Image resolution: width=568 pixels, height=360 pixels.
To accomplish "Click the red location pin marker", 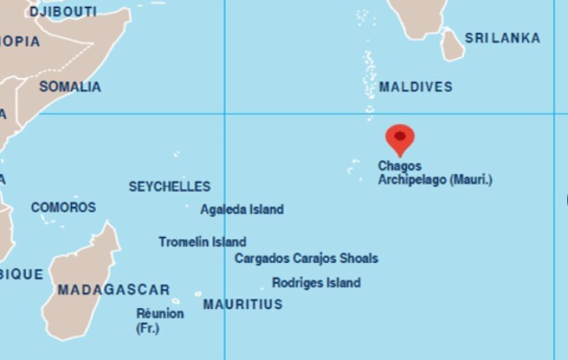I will coord(399,138).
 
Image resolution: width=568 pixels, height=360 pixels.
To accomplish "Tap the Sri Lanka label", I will coord(502,38).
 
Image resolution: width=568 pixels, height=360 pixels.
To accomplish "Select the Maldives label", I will coord(416,87).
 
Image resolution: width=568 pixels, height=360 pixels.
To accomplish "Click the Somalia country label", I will coord(70,87).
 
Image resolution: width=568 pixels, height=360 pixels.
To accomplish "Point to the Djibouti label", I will coord(63,12).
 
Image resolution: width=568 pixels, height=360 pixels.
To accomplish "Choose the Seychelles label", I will coord(170,186).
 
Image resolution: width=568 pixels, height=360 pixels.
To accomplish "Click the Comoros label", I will coord(63,208).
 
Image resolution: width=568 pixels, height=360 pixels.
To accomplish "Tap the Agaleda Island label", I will coord(242,209).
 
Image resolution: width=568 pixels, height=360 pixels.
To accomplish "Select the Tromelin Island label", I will coord(202,242).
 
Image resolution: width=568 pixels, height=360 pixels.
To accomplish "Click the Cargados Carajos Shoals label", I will coord(306,258).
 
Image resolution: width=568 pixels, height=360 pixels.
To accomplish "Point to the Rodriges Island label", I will coord(316,283).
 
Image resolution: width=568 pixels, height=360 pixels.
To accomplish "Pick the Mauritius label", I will coord(242,305).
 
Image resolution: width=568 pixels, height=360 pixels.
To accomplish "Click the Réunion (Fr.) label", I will coord(159,320).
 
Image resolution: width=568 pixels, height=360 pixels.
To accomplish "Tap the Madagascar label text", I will coord(113,290).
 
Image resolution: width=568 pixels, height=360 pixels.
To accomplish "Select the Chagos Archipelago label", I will coord(435,173).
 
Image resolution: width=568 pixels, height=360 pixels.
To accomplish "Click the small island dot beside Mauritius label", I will coord(197,294).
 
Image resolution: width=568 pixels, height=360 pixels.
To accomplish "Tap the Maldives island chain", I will coord(370,74).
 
